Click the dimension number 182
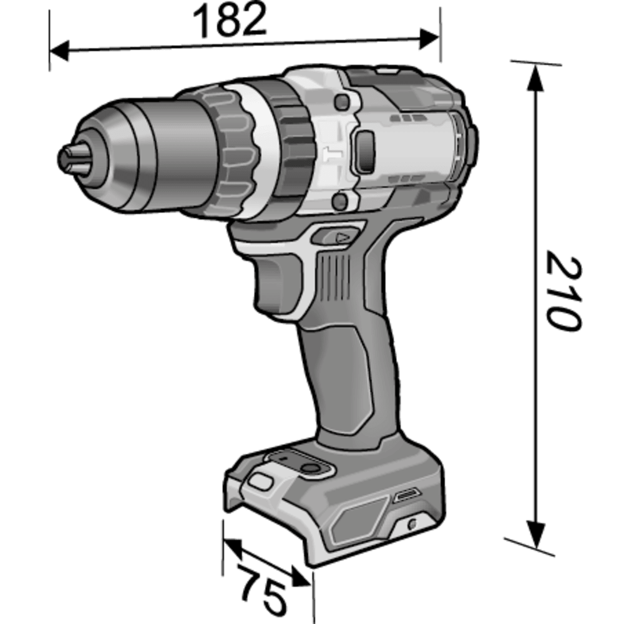(230, 21)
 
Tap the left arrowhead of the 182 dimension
(59, 51)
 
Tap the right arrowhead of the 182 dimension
(429, 39)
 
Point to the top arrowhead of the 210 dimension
(535, 78)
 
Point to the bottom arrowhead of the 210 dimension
(535, 534)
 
